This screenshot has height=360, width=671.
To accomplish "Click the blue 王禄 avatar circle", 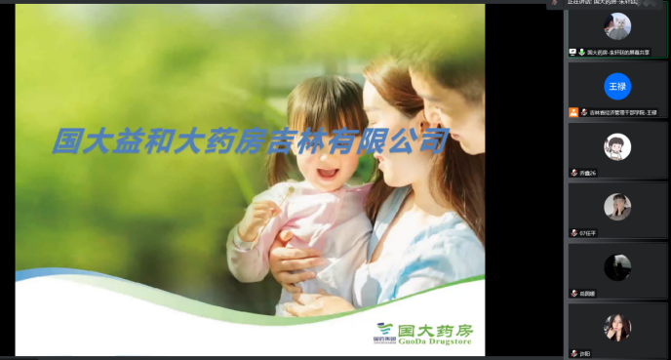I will pos(617,86).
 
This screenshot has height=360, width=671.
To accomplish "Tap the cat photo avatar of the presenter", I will pos(617,26).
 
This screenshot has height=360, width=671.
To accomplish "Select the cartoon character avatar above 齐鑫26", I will pos(617,146).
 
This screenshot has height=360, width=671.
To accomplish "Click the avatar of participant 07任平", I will pos(617,207).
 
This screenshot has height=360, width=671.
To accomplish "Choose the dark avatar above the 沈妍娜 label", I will pos(617,266).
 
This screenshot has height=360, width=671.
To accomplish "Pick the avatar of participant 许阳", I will pos(617,327).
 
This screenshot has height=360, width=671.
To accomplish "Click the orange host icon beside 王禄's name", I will pos(573,112).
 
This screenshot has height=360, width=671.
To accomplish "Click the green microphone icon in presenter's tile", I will pos(581,52).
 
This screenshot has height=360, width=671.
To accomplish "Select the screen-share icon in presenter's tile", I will pos(572,52).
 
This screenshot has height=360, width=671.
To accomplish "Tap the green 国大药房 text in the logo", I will pos(435,328).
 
